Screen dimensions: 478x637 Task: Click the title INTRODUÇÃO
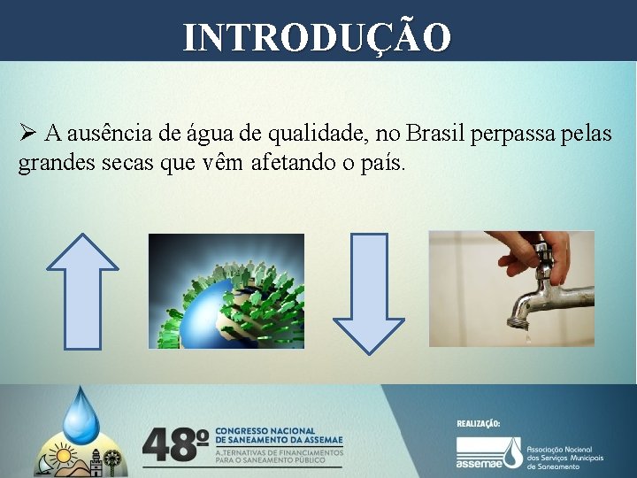(318, 37)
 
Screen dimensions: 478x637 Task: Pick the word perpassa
(512, 134)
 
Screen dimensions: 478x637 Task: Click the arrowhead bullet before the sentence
(27, 134)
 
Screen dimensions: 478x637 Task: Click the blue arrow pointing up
(81, 290)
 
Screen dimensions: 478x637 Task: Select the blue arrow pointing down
(368, 290)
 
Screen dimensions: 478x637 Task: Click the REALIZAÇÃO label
(479, 424)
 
